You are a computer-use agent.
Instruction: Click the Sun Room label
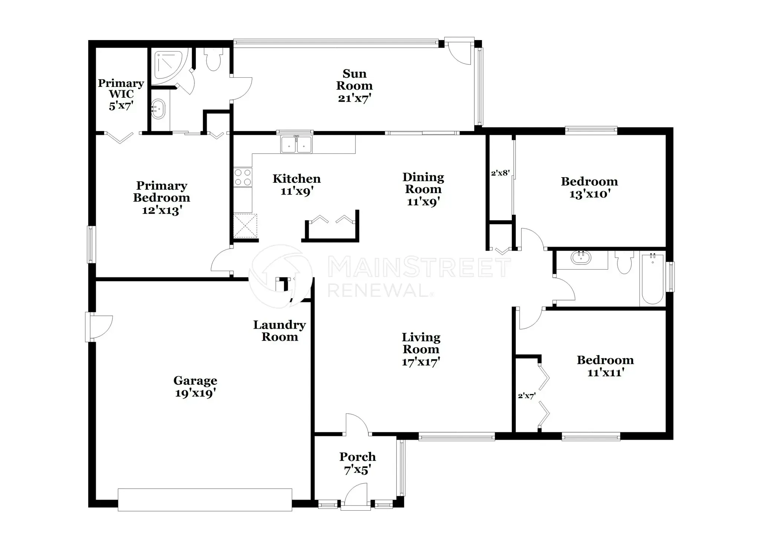click(x=354, y=79)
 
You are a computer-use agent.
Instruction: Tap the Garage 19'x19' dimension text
click(x=196, y=393)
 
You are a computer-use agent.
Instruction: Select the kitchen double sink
click(x=297, y=144)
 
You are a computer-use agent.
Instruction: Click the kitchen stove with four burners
click(x=243, y=177)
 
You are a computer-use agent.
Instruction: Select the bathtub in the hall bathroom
click(x=652, y=278)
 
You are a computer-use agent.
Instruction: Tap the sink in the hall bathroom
click(x=581, y=257)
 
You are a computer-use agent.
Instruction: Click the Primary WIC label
click(x=121, y=89)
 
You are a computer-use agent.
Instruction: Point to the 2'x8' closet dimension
click(x=500, y=173)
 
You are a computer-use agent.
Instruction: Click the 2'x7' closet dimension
click(x=527, y=396)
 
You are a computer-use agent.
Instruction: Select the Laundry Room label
click(x=279, y=331)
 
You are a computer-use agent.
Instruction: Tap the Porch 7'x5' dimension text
click(x=357, y=470)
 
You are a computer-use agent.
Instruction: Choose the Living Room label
click(x=421, y=343)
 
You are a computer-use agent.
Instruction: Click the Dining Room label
click(x=423, y=183)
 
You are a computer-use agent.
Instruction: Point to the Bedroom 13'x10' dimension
click(x=590, y=194)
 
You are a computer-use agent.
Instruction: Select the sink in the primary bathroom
click(x=158, y=109)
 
